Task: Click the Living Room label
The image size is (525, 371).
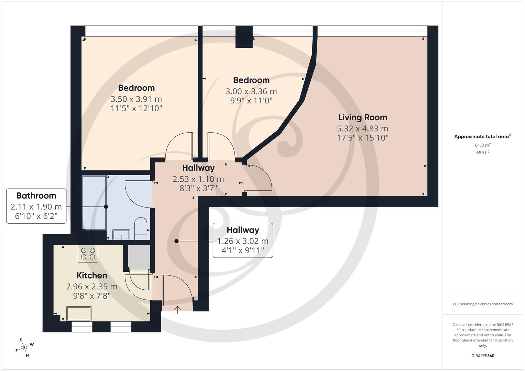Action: pos(362,117)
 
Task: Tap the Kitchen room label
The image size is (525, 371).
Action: pos(91,276)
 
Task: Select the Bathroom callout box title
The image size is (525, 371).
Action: pos(36,196)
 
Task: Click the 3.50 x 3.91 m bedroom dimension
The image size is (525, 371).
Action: pos(136,99)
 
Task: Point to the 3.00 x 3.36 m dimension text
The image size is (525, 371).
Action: pos(251,91)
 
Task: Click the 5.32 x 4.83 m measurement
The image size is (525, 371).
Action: pos(362,128)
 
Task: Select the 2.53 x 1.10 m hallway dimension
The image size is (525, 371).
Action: pos(198,179)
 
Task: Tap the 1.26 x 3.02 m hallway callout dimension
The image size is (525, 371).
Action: pos(243,241)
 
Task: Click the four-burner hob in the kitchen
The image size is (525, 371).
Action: pos(88,254)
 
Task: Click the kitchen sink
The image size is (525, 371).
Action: pos(79,314)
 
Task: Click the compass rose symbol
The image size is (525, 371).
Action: pos(24,348)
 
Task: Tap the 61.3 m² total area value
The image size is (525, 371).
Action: pos(483,145)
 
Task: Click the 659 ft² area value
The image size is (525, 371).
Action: pos(483,153)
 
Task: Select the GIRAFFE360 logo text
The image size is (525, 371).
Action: pos(483,356)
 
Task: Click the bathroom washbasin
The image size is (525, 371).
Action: pos(121,235)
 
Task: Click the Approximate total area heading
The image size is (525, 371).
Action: pos(482,137)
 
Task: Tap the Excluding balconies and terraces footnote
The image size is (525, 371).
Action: pos(483,304)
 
